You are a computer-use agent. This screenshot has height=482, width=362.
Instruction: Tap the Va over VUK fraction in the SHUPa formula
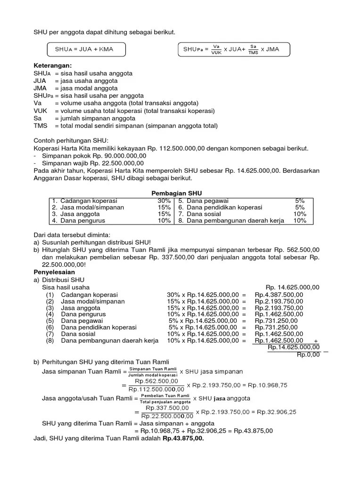216,49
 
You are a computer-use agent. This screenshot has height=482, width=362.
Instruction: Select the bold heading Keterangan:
52,65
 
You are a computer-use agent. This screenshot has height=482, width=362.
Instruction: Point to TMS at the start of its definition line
41,126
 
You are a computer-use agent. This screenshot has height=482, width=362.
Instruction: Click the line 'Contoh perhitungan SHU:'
71,140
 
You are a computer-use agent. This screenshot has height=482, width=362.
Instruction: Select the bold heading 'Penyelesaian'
54,272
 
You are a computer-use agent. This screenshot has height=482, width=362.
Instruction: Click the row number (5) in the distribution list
50,321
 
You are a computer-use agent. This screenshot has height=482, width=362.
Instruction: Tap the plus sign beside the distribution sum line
315,341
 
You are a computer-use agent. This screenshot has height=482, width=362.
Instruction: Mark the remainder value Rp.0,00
308,354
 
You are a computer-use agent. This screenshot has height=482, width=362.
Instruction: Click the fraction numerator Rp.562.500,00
156,381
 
